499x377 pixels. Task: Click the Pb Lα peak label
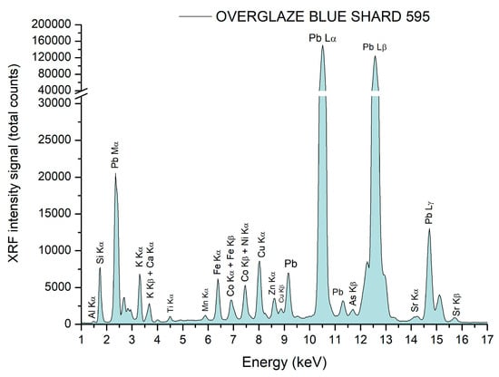(x=323, y=38)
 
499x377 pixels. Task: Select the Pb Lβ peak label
(x=377, y=46)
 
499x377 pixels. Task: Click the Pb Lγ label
(x=430, y=212)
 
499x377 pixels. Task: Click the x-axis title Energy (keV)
(x=284, y=362)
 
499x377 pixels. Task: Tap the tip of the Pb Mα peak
(x=115, y=175)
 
